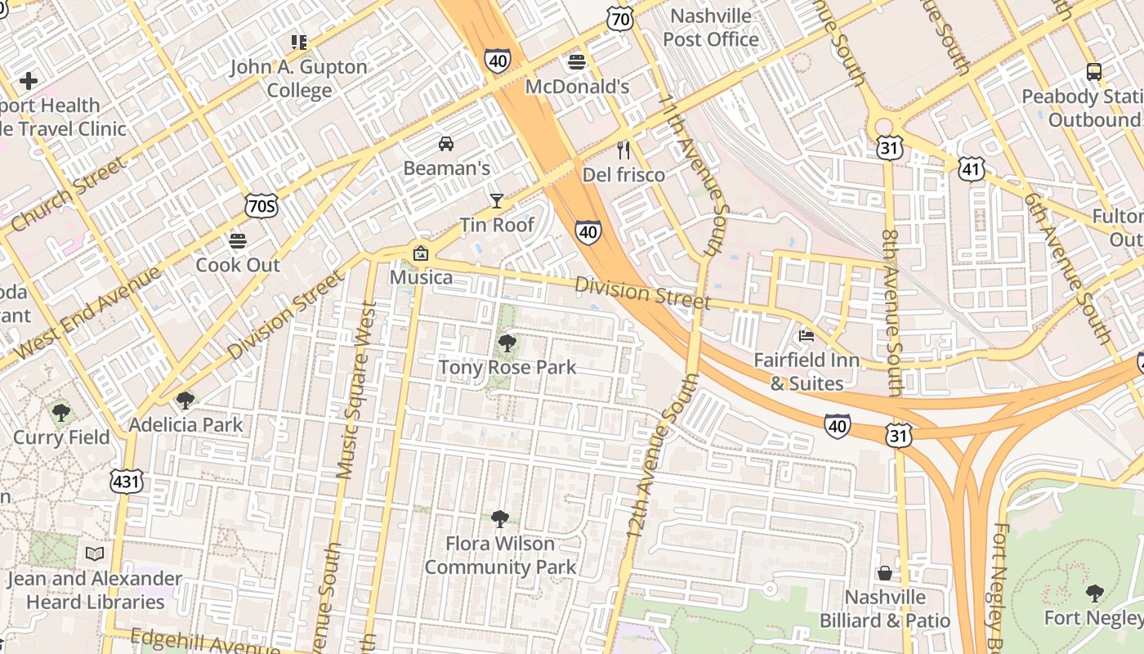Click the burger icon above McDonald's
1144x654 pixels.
coord(577,62)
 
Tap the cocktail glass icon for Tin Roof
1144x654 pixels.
coord(496,200)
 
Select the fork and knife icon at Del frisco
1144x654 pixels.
coord(623,150)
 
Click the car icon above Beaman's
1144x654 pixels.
coord(446,144)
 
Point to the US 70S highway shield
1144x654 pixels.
coord(261,206)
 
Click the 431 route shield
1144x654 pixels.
coord(127,482)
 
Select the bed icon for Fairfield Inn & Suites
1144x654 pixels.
coord(807,335)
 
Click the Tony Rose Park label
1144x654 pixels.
coord(507,367)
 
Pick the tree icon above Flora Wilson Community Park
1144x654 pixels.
coord(500,518)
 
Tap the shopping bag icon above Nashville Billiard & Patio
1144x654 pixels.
coord(885,572)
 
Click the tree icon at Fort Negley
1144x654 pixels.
coord(1094,593)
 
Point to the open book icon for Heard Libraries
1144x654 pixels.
coord(95,554)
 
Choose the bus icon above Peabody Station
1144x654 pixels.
coord(1094,72)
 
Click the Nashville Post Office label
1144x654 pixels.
coord(710,28)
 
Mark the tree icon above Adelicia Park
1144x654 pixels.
coord(185,401)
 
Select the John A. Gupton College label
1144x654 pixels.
coord(298,78)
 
